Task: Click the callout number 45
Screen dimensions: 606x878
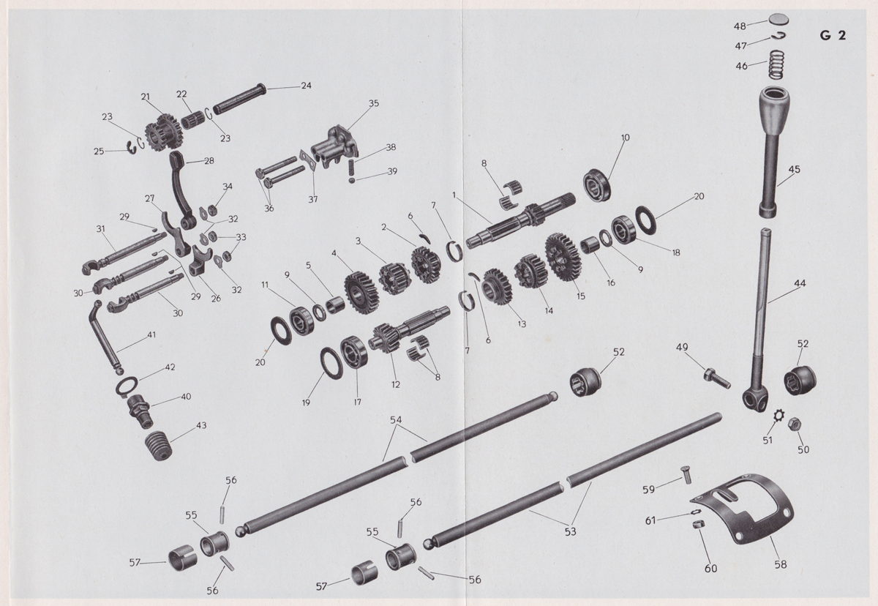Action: coord(795,170)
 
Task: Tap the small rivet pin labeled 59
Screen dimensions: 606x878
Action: coord(687,475)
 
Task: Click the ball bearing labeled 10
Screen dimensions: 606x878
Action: coord(598,183)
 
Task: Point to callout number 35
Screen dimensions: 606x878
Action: coord(375,104)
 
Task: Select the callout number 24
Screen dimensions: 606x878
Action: coord(306,86)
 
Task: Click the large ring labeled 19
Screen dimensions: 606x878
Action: coord(332,363)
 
